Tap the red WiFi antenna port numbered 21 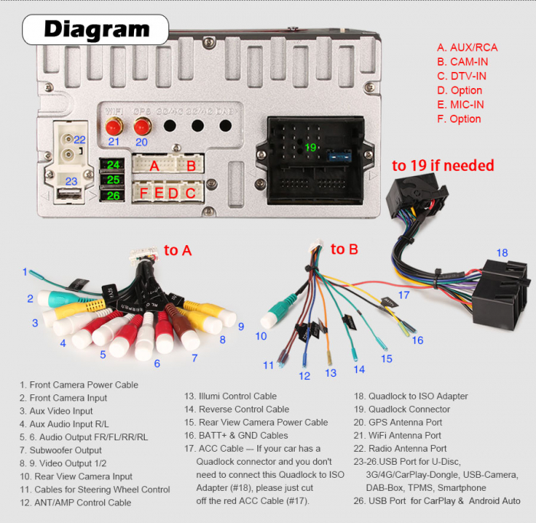(x=114, y=126)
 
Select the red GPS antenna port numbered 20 (x=142, y=126)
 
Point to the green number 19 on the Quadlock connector (x=311, y=146)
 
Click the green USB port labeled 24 (x=113, y=165)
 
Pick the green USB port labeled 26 (x=113, y=195)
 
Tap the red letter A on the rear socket (x=155, y=165)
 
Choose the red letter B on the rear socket (x=191, y=165)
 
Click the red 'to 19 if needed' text (x=443, y=165)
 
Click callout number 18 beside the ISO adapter (x=502, y=253)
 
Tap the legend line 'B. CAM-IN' (x=462, y=61)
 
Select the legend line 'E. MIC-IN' (x=460, y=104)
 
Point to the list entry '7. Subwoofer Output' (x=60, y=450)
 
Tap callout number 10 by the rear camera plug (x=261, y=335)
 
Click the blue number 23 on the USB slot (x=71, y=181)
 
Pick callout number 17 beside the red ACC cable (x=404, y=294)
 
